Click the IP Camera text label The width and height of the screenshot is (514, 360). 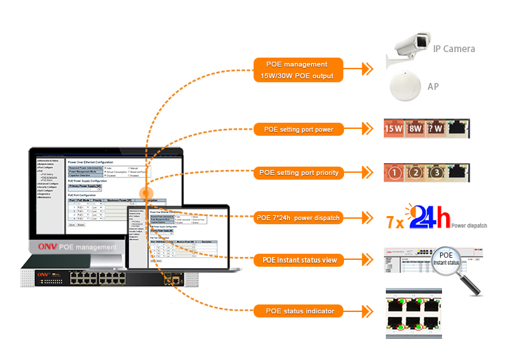point(454,49)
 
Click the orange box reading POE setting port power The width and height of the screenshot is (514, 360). point(299,128)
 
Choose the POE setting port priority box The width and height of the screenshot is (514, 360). point(299,173)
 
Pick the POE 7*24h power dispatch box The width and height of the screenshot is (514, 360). point(299,218)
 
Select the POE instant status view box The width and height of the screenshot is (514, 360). point(299,261)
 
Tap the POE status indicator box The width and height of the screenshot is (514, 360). point(299,311)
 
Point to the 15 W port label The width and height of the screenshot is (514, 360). point(394,128)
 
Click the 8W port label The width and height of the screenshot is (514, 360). point(415,128)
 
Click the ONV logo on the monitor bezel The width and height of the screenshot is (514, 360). point(46,247)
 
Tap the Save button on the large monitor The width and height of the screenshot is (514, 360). point(71,224)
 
